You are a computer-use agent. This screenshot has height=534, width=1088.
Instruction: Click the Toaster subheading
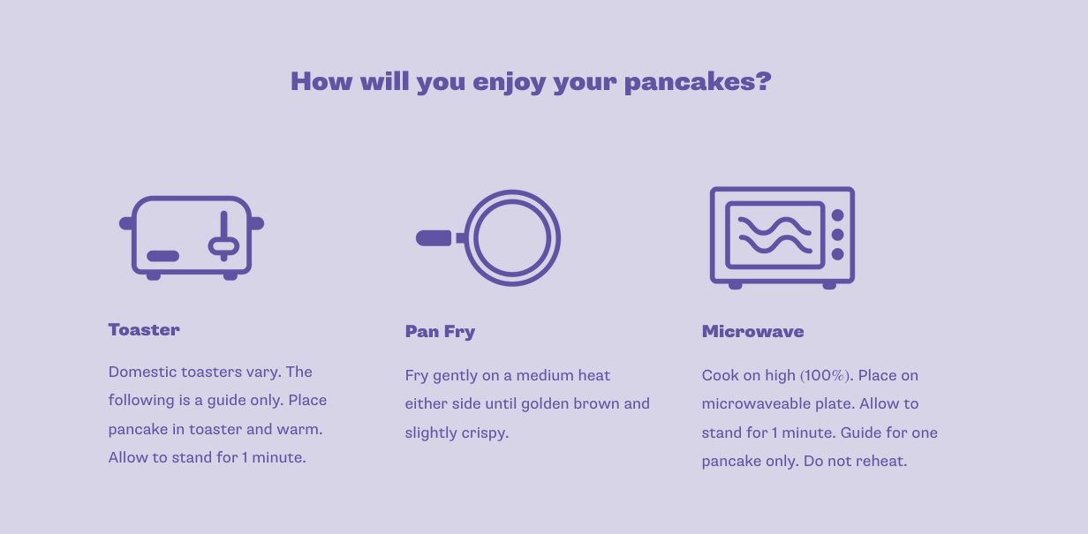click(144, 329)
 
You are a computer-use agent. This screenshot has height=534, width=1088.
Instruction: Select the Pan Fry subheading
click(440, 332)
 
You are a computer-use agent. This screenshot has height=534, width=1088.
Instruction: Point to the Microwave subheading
click(752, 331)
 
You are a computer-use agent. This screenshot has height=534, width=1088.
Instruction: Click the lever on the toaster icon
click(224, 237)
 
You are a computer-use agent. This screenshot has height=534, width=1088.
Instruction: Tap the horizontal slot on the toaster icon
click(163, 256)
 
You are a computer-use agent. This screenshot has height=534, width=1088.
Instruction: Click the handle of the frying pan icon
click(434, 238)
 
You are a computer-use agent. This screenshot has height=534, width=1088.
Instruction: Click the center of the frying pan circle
click(512, 238)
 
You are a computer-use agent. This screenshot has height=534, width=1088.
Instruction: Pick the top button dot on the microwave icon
click(838, 215)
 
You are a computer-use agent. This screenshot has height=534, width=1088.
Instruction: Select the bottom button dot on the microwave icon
click(838, 254)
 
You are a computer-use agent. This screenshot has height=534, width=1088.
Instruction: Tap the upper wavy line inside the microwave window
click(774, 226)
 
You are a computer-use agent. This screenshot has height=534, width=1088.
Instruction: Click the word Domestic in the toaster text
click(143, 372)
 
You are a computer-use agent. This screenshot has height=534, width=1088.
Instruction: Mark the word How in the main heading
click(321, 81)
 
